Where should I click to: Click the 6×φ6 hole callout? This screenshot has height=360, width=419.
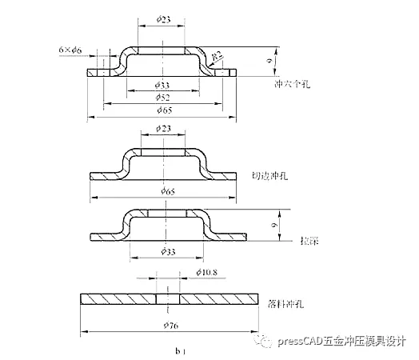click(x=71, y=50)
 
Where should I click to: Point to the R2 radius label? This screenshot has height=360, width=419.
click(x=216, y=54)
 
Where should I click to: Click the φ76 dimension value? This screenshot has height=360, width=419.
click(x=169, y=325)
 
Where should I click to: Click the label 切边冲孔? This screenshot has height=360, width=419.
click(x=270, y=176)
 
